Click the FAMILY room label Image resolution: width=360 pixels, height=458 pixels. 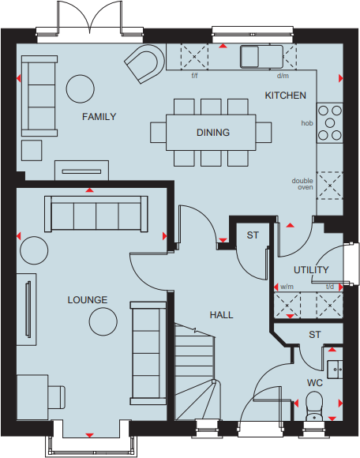(99, 117)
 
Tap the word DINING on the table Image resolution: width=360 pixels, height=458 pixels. (213, 133)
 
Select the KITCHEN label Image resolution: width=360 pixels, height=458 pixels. (285, 96)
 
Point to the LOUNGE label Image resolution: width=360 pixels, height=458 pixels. (87, 300)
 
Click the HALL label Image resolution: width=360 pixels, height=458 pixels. (221, 314)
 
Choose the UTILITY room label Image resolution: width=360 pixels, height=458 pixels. (310, 270)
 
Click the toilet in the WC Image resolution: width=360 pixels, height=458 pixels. (313, 406)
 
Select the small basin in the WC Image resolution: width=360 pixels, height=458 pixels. (334, 368)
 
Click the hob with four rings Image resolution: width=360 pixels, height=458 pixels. (328, 125)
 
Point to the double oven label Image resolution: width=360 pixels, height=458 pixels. (302, 184)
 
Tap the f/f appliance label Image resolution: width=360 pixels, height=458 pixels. (195, 77)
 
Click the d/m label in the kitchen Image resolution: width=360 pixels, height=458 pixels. (282, 77)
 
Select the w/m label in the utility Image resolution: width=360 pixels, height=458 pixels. (286, 287)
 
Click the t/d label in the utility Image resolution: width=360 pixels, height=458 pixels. (330, 287)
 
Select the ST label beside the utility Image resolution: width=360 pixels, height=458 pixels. (253, 235)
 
